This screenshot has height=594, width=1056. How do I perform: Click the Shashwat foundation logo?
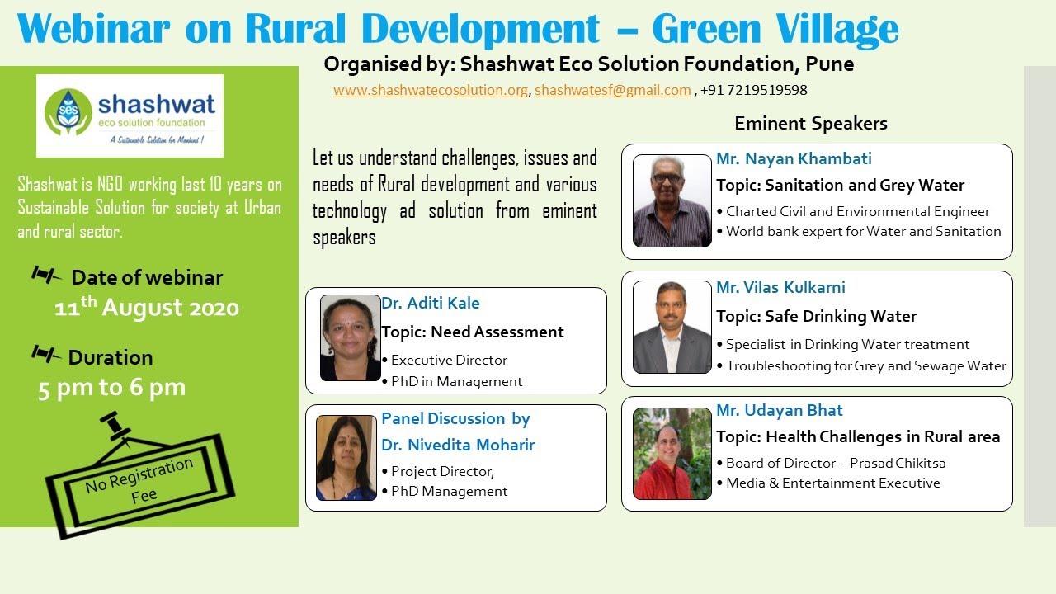[x=130, y=115]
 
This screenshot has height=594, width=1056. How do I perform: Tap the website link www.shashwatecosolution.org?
[x=430, y=91]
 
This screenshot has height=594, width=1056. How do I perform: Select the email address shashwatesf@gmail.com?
[x=612, y=91]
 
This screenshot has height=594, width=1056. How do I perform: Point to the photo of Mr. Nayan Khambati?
[x=672, y=200]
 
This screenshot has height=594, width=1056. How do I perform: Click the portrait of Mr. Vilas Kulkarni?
[x=672, y=327]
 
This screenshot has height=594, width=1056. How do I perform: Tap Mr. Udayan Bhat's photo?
[x=672, y=453]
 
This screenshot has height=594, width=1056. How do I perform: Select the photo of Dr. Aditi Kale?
[x=350, y=337]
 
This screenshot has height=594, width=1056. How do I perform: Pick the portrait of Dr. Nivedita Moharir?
[x=346, y=457]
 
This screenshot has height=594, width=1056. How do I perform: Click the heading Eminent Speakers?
[x=810, y=124]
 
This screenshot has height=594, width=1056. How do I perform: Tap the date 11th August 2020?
[x=147, y=308]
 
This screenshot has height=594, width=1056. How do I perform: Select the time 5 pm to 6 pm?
[x=111, y=388]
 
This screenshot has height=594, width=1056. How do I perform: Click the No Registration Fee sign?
[x=139, y=482]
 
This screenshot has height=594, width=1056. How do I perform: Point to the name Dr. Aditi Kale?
[x=430, y=303]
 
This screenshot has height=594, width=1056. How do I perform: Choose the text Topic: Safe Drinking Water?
[x=816, y=316]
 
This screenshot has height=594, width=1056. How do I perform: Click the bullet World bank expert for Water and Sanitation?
[x=863, y=232]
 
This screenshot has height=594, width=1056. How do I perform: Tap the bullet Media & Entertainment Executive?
[x=832, y=483]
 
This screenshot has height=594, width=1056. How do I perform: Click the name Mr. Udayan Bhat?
[x=779, y=410]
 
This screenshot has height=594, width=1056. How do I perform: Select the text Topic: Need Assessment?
[x=472, y=332]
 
